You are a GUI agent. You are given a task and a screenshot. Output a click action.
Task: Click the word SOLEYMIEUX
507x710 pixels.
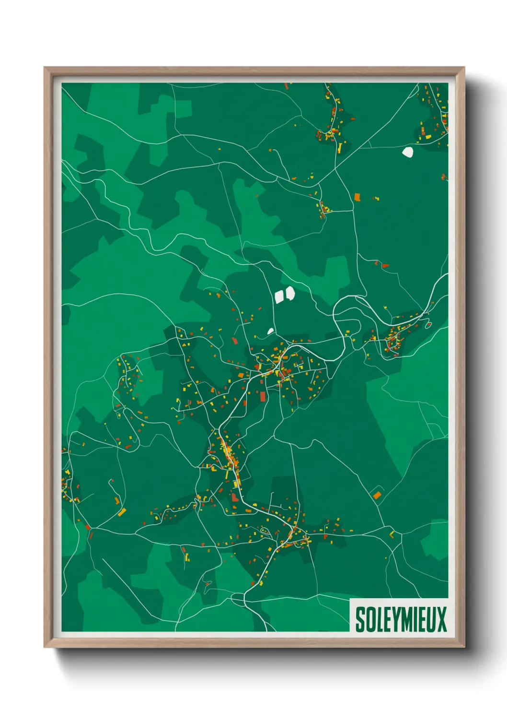click(x=401, y=619)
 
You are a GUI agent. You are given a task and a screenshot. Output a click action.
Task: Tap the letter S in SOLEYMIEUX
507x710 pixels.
click(x=360, y=619)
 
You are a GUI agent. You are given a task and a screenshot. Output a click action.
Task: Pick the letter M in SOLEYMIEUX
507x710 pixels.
click(x=403, y=619)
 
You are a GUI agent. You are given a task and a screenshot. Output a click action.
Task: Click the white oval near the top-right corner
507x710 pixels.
click(x=407, y=153)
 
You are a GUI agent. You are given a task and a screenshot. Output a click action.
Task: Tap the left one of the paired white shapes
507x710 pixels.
click(x=279, y=297)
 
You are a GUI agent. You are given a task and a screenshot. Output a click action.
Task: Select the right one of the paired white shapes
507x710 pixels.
click(x=289, y=293)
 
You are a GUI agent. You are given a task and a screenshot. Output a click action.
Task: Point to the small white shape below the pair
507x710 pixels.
click(x=270, y=331)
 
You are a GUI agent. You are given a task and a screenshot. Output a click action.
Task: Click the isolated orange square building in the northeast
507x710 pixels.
click(x=357, y=197)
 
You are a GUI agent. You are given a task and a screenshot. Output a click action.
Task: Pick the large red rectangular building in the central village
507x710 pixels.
click(x=263, y=396)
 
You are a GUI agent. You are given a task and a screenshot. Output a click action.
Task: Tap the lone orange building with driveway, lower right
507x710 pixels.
click(x=377, y=495)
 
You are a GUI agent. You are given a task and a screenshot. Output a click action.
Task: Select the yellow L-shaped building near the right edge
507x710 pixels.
click(x=392, y=534)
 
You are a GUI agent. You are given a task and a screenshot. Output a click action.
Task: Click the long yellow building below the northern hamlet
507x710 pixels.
click(x=340, y=148)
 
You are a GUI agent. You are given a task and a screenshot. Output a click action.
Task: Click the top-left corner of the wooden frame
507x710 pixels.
click(x=45, y=68)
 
